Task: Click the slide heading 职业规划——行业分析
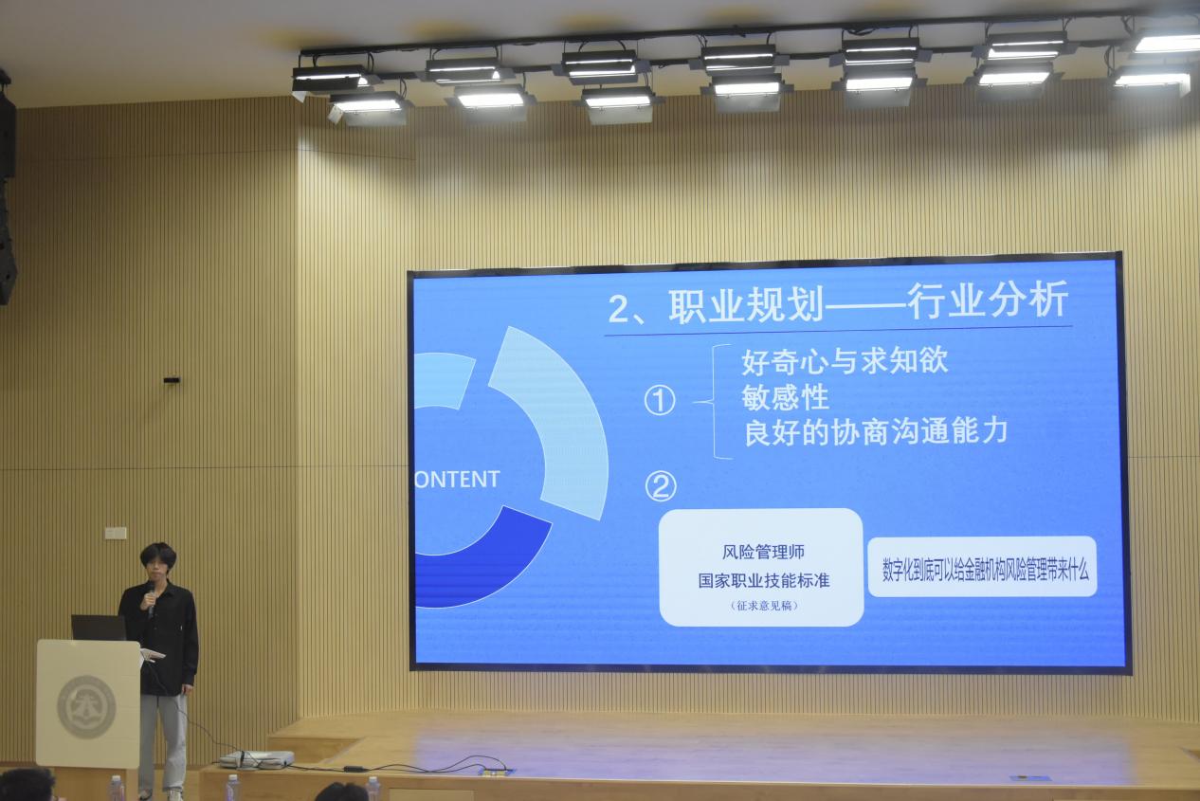point(838,302)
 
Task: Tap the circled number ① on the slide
point(660,401)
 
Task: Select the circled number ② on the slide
point(661,486)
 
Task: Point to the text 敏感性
point(786,397)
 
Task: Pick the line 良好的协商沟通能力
point(876,432)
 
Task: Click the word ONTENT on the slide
point(457,480)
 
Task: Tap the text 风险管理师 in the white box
point(763,552)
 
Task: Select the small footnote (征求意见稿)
point(765,606)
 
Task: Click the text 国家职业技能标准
point(764,580)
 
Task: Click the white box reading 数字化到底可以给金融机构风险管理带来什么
point(982,567)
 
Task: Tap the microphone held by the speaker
point(151,599)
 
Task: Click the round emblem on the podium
point(87,707)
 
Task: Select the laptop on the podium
point(99,628)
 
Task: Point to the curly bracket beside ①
point(714,402)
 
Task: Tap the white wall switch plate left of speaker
point(116,533)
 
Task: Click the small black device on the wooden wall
point(172,380)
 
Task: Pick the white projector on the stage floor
point(257,758)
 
